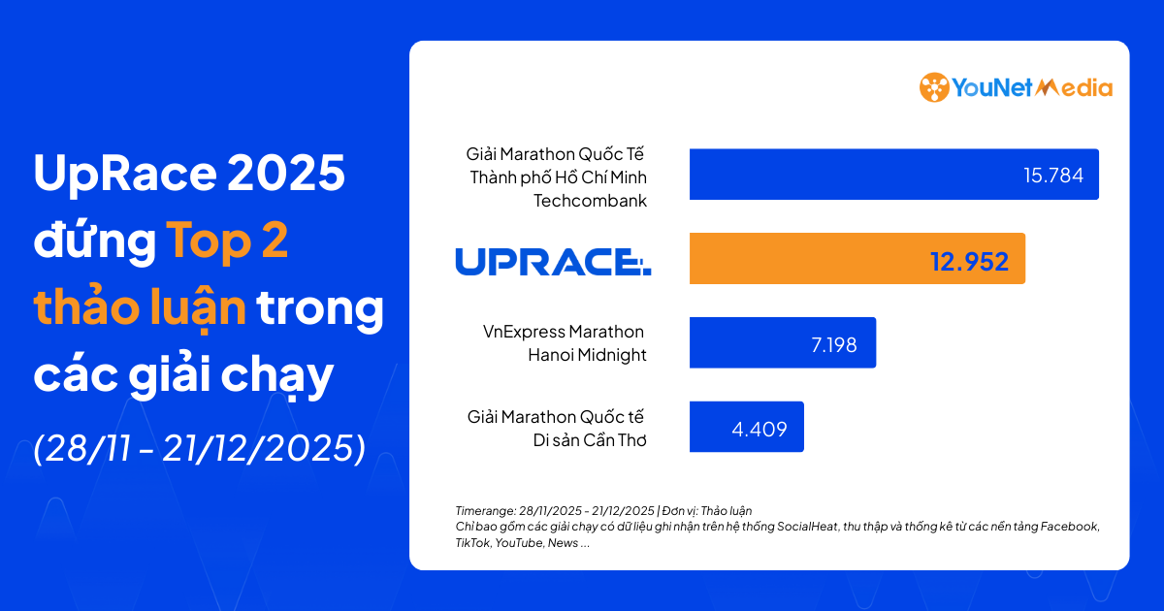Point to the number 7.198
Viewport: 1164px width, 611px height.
coord(833,343)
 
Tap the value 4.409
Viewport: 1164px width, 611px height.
coord(760,428)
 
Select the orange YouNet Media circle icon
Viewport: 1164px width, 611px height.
coord(934,87)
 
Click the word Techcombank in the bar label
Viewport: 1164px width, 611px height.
coord(590,201)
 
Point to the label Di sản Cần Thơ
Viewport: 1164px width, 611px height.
coord(587,439)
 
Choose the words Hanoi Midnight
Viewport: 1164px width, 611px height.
coord(587,354)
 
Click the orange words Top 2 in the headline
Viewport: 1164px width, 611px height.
coord(228,241)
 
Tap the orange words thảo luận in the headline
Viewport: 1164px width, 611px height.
coord(140,308)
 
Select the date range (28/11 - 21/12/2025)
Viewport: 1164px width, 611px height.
coord(200,447)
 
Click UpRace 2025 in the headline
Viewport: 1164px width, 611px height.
coord(189,175)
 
